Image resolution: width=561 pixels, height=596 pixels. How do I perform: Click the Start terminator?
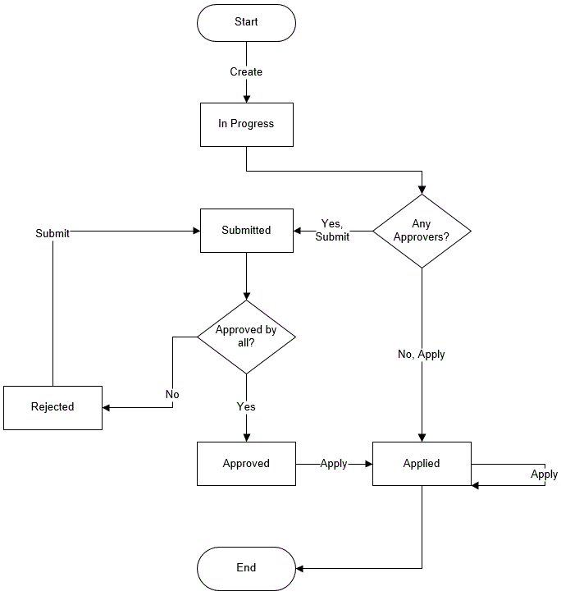pyautogui.click(x=246, y=22)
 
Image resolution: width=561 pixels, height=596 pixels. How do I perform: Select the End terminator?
pyautogui.click(x=246, y=567)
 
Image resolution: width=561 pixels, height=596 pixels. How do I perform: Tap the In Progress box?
pyautogui.click(x=246, y=124)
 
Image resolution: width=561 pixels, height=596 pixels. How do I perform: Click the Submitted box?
pyautogui.click(x=246, y=230)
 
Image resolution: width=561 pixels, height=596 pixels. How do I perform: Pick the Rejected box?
pyautogui.click(x=52, y=407)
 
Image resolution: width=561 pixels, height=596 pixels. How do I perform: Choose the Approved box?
pyautogui.click(x=246, y=464)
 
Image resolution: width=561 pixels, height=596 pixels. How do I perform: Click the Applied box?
pyautogui.click(x=422, y=464)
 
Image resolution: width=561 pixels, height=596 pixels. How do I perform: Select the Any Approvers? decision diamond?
pyautogui.click(x=422, y=231)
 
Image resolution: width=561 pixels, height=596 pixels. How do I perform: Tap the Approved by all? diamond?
pyautogui.click(x=246, y=337)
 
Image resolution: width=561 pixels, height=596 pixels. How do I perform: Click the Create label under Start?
pyautogui.click(x=246, y=72)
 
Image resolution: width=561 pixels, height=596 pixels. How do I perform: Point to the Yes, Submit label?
pyautogui.click(x=333, y=231)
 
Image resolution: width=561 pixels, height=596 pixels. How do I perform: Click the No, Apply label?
pyautogui.click(x=422, y=355)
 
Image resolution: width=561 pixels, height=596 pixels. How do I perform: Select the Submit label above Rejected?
pyautogui.click(x=52, y=233)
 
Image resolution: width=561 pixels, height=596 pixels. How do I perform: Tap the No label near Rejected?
pyautogui.click(x=172, y=395)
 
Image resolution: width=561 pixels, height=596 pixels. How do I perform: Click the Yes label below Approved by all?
pyautogui.click(x=246, y=407)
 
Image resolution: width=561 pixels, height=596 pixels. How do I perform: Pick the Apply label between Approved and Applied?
pyautogui.click(x=334, y=464)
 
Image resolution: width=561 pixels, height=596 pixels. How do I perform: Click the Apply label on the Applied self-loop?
pyautogui.click(x=544, y=475)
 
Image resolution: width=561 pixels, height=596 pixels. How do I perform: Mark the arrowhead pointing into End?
pyautogui.click(x=300, y=568)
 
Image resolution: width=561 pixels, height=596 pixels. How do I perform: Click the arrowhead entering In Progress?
pyautogui.click(x=246, y=99)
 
